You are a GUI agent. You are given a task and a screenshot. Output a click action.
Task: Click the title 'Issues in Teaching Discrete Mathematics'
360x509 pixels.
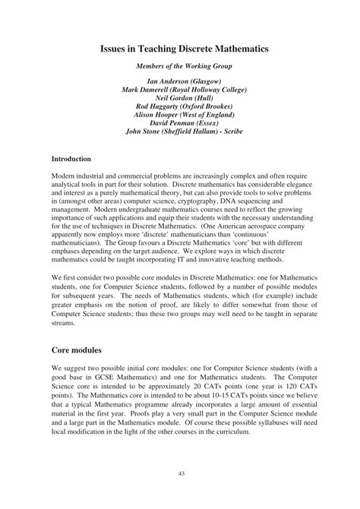click(x=179, y=48)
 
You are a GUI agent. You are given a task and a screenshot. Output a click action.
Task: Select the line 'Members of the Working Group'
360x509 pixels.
click(x=179, y=67)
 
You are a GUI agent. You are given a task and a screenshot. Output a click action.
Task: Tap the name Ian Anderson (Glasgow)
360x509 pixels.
click(x=179, y=81)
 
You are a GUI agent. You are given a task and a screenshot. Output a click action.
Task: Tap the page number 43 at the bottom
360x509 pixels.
click(x=180, y=473)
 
